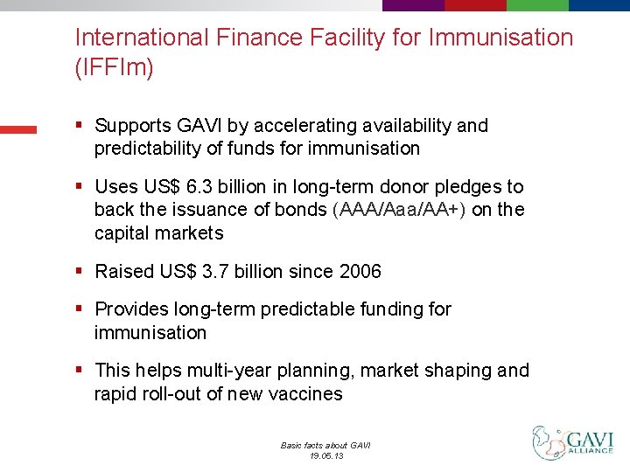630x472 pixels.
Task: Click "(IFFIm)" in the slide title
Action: click(114, 67)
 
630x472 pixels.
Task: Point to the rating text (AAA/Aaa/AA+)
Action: click(401, 211)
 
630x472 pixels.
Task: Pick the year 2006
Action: click(360, 272)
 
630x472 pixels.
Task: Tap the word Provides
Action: click(132, 309)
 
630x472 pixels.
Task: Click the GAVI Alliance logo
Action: click(573, 442)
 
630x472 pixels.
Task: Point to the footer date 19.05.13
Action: click(325, 456)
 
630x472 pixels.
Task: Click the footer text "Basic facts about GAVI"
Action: click(325, 445)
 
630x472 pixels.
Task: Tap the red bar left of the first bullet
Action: click(18, 129)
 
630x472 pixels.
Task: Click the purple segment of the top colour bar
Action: click(413, 5)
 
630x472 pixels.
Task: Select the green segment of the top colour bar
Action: click(537, 5)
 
